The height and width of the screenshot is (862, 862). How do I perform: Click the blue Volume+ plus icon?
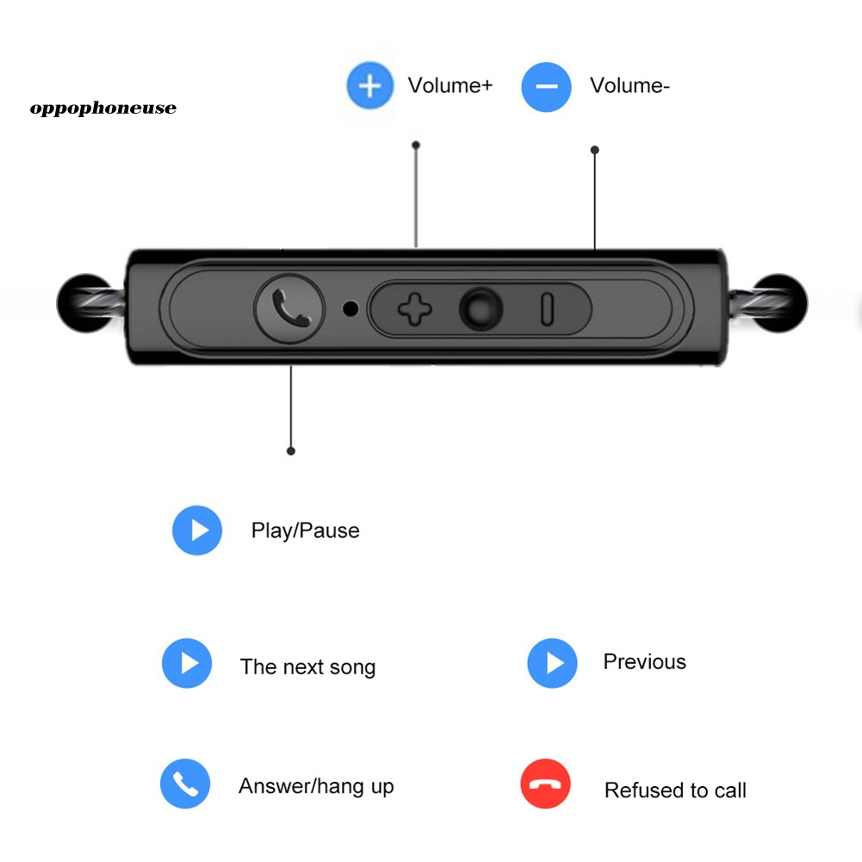click(370, 86)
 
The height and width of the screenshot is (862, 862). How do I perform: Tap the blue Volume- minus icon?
click(546, 87)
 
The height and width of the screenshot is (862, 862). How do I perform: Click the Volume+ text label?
click(450, 86)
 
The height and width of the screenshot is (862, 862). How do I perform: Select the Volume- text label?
click(629, 86)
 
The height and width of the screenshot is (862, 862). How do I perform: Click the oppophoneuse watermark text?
click(103, 109)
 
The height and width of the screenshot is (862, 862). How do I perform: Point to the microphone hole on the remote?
click(350, 309)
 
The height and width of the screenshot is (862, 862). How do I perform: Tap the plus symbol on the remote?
click(415, 309)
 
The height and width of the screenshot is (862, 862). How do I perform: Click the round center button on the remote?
click(481, 309)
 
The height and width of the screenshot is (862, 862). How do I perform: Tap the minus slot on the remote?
click(547, 309)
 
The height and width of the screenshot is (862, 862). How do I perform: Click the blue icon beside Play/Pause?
click(197, 530)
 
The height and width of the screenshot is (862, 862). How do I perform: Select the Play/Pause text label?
click(305, 531)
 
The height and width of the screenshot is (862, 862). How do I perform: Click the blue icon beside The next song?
click(187, 663)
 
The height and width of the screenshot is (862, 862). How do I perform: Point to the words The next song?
click(308, 667)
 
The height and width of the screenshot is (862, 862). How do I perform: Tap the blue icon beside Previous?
click(553, 663)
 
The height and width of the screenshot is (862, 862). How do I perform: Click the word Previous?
click(645, 662)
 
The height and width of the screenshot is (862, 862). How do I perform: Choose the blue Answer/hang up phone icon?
click(185, 784)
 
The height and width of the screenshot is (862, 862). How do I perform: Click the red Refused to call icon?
click(545, 784)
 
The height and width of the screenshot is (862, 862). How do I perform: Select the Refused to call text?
click(676, 791)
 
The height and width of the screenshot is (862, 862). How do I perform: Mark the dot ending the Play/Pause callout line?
click(291, 451)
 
